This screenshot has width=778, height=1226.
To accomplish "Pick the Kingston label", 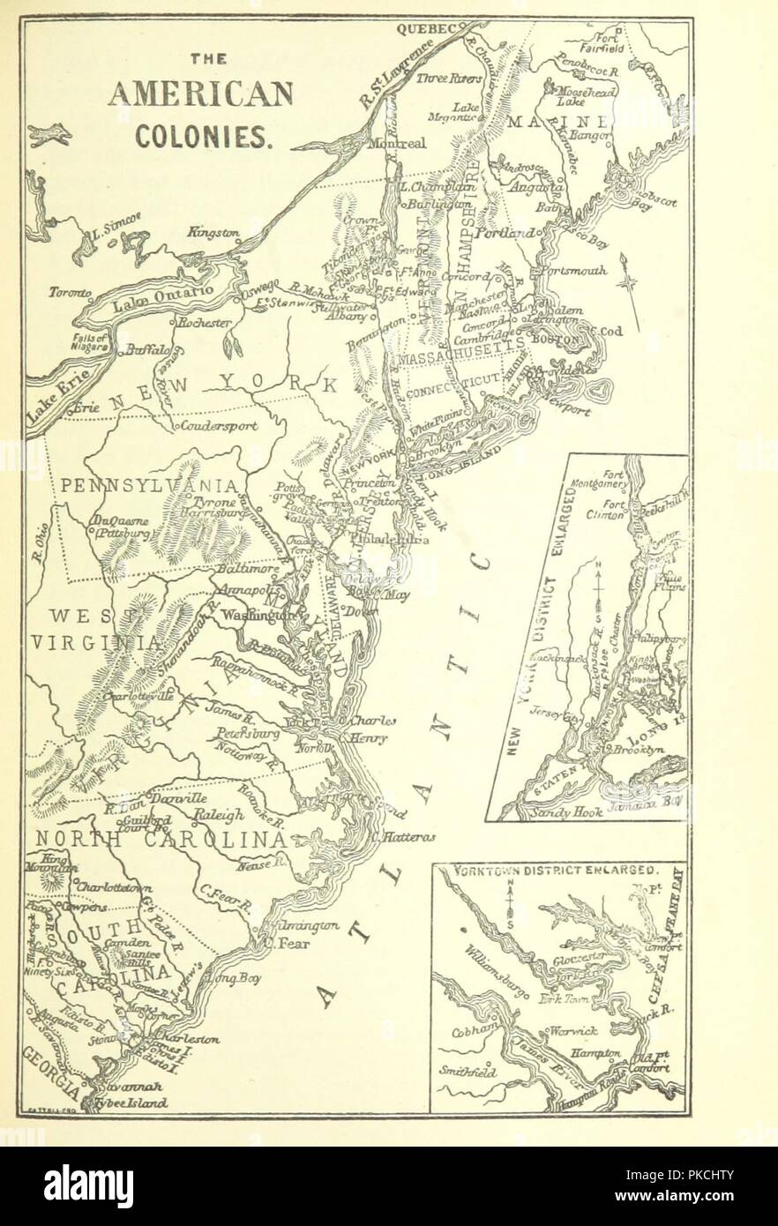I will click(211, 233).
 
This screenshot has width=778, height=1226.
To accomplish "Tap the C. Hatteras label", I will click(403, 837).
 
